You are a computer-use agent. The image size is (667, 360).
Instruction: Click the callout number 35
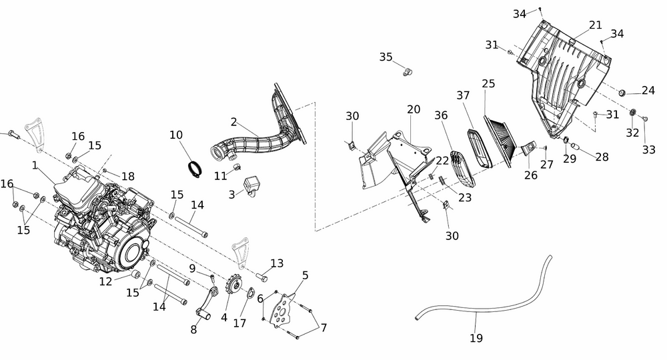[x=386, y=57]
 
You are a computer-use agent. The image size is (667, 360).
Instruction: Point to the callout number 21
[x=596, y=25]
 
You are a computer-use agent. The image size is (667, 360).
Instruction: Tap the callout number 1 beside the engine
[x=35, y=163]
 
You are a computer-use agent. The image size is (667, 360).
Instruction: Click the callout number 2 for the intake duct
[x=233, y=122]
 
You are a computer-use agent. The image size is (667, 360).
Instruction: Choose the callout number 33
[x=649, y=150]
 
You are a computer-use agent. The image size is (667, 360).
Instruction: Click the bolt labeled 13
[x=261, y=275]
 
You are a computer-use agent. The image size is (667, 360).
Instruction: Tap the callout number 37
[x=464, y=95]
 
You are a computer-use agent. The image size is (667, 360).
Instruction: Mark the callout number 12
[x=106, y=281]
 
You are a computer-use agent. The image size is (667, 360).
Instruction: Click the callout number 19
[x=476, y=338]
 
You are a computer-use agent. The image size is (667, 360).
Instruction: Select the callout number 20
[x=414, y=109]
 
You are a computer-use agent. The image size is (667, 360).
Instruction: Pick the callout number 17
[x=239, y=323]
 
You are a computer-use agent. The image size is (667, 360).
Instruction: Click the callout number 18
[x=127, y=176]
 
